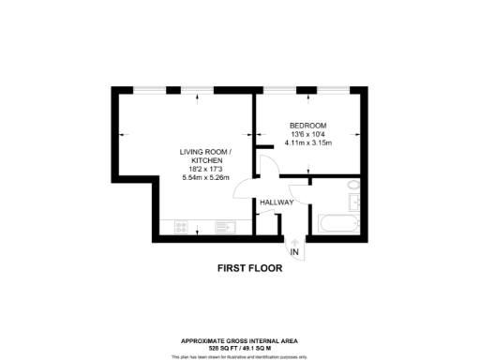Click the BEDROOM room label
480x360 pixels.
tap(307, 126)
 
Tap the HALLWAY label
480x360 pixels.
tap(277, 202)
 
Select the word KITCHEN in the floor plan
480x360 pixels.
tap(205, 160)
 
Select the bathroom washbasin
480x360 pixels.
tap(353, 202)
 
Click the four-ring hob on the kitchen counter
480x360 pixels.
tap(179, 227)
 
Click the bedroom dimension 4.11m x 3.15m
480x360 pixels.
tap(307, 142)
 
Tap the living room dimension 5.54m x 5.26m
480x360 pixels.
tap(205, 178)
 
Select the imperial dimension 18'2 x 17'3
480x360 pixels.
tap(205, 169)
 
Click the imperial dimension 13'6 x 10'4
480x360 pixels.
tap(307, 134)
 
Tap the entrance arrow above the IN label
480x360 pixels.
tap(294, 241)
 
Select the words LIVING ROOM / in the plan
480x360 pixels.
tap(205, 152)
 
